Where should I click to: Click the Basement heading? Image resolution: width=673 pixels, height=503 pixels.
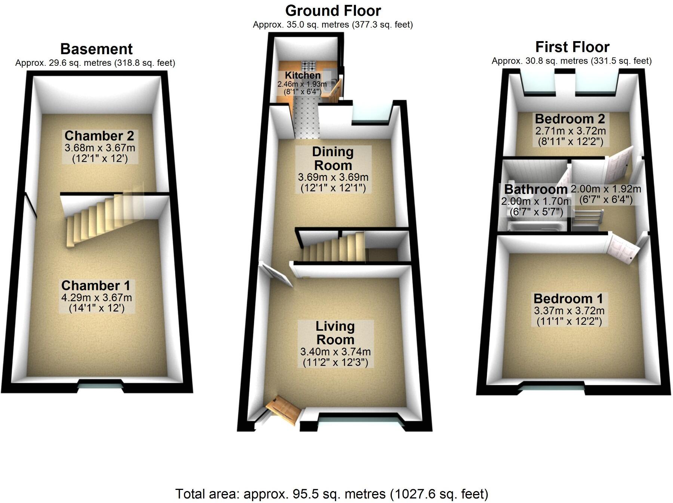(x=96, y=49)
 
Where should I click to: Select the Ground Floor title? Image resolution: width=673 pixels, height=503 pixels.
(x=333, y=11)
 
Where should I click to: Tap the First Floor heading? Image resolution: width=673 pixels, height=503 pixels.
(x=572, y=47)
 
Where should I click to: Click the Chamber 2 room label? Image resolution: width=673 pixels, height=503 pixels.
(x=99, y=136)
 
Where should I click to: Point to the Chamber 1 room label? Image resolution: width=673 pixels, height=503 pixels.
(x=96, y=286)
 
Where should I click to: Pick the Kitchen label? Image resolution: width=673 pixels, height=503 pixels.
(x=302, y=75)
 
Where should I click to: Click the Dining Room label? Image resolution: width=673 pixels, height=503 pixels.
(x=333, y=158)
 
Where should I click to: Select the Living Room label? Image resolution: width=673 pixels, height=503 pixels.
(x=335, y=333)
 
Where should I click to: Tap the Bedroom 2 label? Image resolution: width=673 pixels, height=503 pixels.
(x=570, y=119)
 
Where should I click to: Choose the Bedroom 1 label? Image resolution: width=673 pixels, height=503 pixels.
(x=568, y=299)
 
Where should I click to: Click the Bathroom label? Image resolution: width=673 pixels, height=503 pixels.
(x=535, y=189)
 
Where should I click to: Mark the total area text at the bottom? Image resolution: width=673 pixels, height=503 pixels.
(x=332, y=494)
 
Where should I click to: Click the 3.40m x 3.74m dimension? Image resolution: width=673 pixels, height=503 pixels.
(x=335, y=352)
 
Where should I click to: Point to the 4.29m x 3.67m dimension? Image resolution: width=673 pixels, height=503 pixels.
(x=96, y=298)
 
